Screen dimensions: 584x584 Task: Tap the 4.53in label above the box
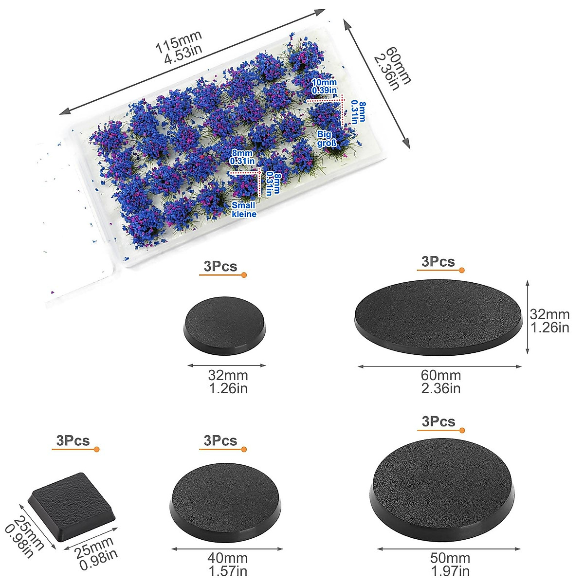[183, 55]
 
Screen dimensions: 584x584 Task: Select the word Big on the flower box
[325, 134]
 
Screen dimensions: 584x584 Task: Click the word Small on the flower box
[243, 205]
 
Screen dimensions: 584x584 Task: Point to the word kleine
[244, 214]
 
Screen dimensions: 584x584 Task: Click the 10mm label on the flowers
[324, 82]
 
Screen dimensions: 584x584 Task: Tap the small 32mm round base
[224, 326]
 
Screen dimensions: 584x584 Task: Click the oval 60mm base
[438, 317]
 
